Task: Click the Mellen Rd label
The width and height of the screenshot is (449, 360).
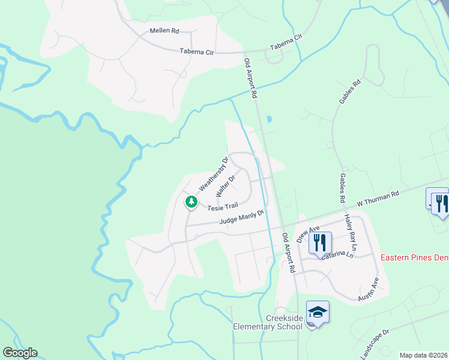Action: (x=164, y=30)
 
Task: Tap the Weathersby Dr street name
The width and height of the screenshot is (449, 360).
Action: (x=214, y=175)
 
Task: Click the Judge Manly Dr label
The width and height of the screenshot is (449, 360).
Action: (x=242, y=217)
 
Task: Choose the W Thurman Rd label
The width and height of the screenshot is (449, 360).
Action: (x=378, y=199)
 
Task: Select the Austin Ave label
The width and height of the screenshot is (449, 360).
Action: (x=369, y=289)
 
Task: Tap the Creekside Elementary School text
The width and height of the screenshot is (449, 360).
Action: (x=268, y=322)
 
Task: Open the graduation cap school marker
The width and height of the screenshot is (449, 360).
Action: (x=318, y=312)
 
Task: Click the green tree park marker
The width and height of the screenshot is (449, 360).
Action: (x=191, y=202)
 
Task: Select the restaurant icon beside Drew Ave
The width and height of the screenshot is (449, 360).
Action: (x=320, y=242)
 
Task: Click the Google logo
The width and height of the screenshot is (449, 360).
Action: (x=20, y=353)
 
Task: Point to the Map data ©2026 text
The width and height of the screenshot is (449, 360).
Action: (x=423, y=355)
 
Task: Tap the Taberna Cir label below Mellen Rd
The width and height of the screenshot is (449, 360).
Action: (x=197, y=52)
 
